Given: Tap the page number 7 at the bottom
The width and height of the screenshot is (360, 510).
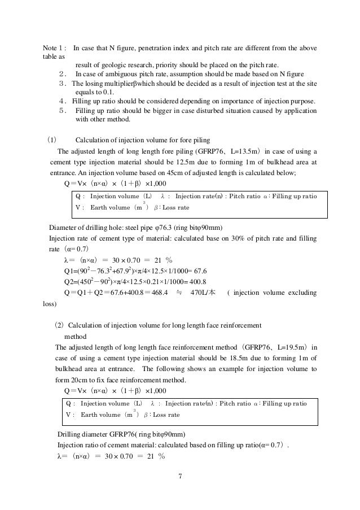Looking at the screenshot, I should (179, 474).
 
